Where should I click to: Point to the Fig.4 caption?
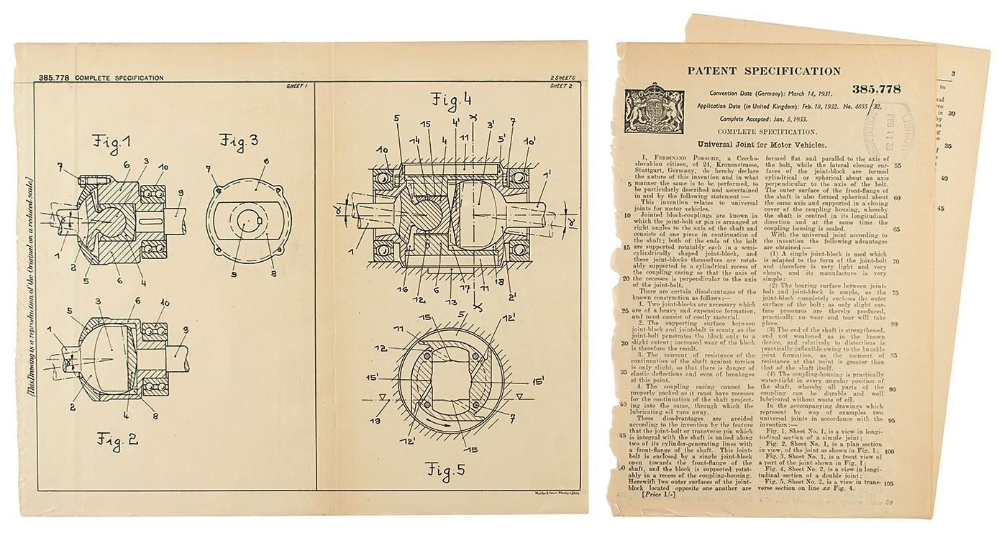(x=451, y=99)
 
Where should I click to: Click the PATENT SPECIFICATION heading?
(x=763, y=71)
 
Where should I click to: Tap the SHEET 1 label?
(x=296, y=86)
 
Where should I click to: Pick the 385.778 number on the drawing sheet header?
(x=53, y=78)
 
